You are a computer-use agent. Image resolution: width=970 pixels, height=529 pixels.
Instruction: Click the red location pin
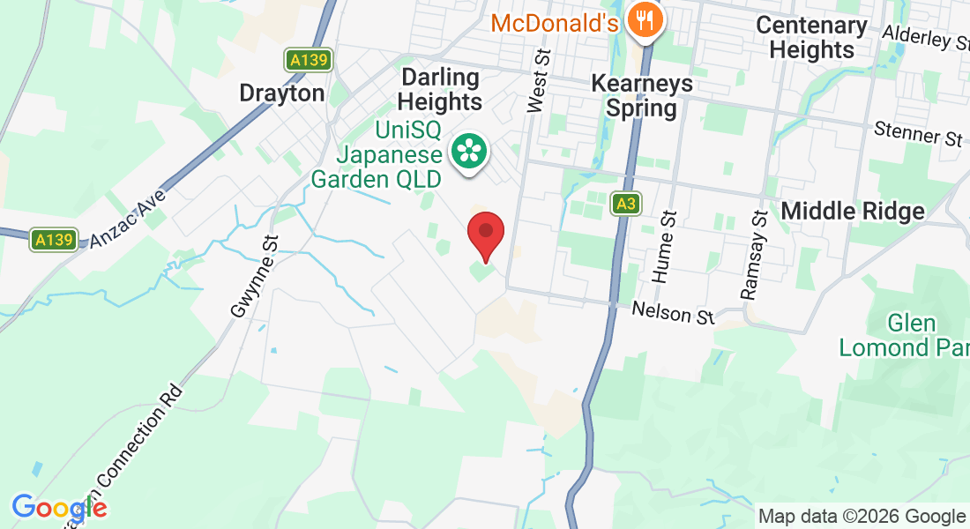tap(485, 235)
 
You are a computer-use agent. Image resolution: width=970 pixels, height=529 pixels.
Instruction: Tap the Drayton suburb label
tap(282, 93)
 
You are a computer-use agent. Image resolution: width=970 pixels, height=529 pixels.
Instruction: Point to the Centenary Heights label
tap(811, 37)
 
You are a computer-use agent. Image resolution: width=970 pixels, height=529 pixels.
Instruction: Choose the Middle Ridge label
tap(853, 211)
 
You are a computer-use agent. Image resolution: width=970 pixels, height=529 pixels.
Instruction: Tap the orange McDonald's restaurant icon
tap(645, 22)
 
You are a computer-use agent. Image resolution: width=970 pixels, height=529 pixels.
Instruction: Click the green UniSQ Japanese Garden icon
tap(468, 153)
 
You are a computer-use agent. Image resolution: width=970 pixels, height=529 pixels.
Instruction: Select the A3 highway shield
tap(626, 205)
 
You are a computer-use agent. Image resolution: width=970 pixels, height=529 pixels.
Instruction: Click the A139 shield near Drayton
tap(309, 60)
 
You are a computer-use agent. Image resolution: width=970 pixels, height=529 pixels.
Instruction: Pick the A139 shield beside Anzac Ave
tap(54, 239)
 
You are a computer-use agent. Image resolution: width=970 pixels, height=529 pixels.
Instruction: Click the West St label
tap(537, 81)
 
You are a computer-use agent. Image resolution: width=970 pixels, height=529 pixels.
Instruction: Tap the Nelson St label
tap(674, 313)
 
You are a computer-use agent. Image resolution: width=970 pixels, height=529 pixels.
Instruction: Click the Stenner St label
tap(918, 135)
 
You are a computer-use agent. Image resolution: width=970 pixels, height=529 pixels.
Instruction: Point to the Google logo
tap(59, 508)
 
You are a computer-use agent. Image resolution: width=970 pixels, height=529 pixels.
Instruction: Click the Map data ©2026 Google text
tap(862, 516)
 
